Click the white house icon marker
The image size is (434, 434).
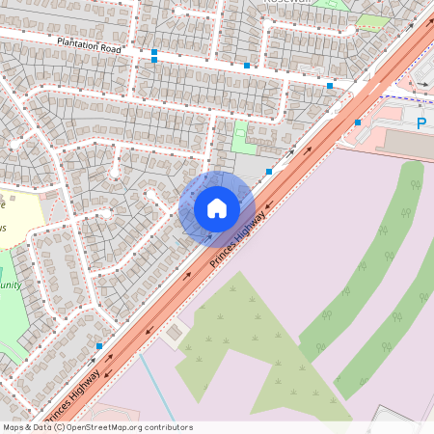pos(217,208)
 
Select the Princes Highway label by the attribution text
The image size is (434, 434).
pos(72,395)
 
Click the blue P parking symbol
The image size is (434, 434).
pos(421,123)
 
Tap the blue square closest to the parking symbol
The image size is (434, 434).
pos(358,122)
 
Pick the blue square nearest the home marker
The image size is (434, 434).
pos(268,172)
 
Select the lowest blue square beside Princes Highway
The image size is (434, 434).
pos(99,345)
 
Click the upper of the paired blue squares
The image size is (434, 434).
pos(154,51)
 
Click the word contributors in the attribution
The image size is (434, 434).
pos(165,427)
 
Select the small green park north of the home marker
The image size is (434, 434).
pos(244,137)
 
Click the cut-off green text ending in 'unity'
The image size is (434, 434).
pos(10,285)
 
